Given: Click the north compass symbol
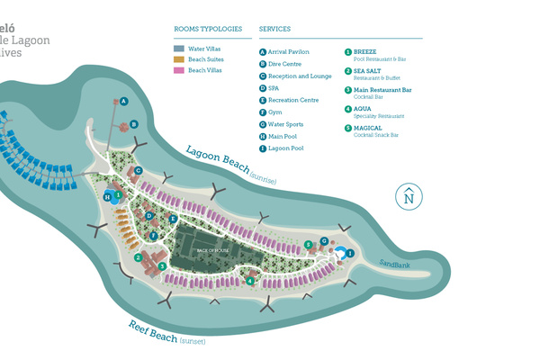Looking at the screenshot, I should (x=409, y=196).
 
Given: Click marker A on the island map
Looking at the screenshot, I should (x=125, y=102).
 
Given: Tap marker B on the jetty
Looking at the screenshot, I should (x=134, y=124).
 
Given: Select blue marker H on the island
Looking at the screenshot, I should (x=107, y=196).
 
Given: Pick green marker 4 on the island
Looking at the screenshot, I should (x=250, y=281).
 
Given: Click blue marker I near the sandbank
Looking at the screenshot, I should (x=349, y=254).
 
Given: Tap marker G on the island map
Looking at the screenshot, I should (x=323, y=241).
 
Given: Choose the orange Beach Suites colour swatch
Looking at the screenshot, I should (x=179, y=59).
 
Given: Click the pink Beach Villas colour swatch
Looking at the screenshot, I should (x=179, y=70).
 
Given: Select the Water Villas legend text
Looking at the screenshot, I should (x=205, y=49).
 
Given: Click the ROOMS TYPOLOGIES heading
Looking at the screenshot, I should (x=208, y=29).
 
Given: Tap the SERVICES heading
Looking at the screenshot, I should (x=274, y=29).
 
